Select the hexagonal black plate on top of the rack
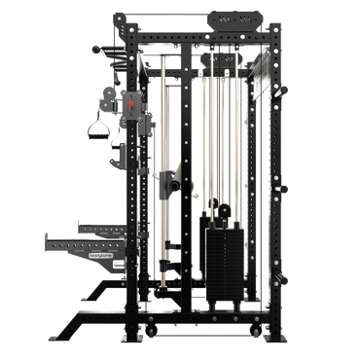pos(234,18)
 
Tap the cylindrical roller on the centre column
pos(167,182)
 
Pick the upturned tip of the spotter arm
pos(47,234)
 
